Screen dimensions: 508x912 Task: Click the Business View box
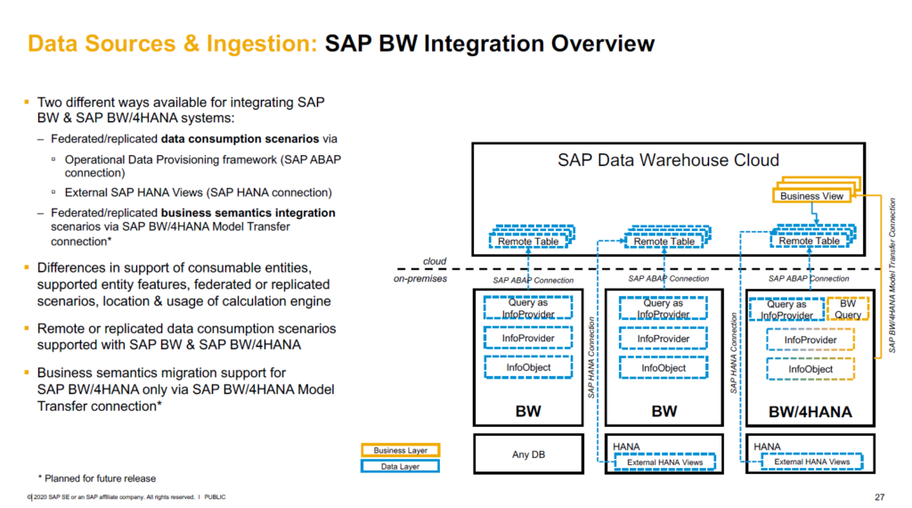811,196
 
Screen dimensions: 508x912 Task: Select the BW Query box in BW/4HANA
847,309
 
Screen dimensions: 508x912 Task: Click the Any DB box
528,455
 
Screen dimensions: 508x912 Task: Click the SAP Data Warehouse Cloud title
668,160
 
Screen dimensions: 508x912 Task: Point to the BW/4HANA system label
810,412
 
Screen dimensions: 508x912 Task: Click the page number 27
880,496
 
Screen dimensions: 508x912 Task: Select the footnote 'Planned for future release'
96,478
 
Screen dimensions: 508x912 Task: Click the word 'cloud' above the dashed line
435,262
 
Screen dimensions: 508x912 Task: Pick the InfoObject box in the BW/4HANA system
809,369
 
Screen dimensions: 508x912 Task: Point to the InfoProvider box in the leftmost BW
529,339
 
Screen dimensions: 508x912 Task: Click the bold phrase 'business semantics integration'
248,213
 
